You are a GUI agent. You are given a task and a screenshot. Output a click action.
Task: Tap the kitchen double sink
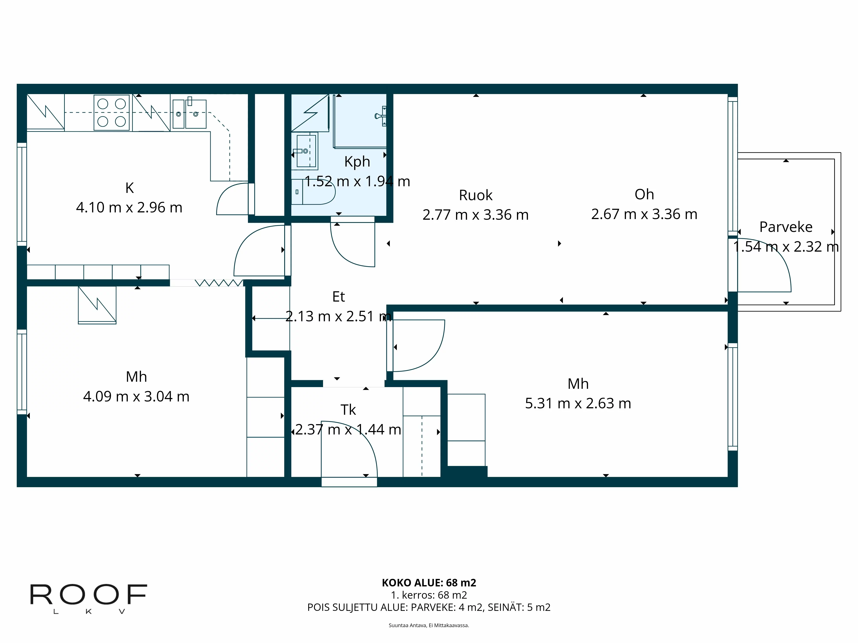click(189, 114)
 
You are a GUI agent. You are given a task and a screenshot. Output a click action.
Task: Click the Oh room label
click(644, 194)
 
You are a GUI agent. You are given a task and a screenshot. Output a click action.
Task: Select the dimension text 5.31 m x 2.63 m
click(578, 403)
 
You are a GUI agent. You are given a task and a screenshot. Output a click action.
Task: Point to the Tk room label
click(348, 410)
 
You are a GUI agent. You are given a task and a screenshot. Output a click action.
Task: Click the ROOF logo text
click(88, 595)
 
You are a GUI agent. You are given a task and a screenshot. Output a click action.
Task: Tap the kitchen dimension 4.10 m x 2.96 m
click(129, 207)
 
